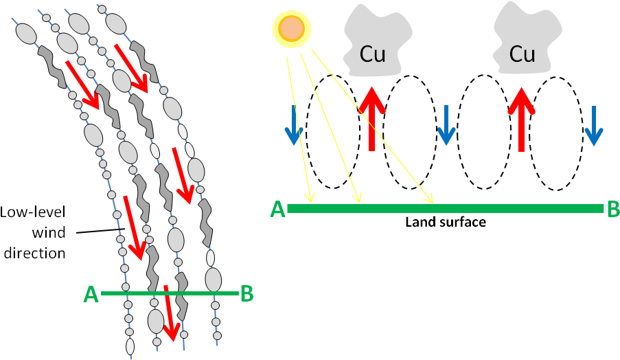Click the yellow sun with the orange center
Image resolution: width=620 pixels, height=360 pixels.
(x=292, y=30)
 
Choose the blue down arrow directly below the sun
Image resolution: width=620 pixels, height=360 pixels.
(x=293, y=126)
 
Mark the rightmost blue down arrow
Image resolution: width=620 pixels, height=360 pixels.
(x=593, y=126)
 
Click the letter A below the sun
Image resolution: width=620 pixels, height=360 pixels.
(x=277, y=210)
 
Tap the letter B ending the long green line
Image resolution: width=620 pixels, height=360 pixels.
(x=613, y=209)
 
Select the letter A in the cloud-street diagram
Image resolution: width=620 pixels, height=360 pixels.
(x=91, y=295)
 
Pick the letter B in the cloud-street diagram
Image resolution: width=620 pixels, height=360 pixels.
(x=247, y=294)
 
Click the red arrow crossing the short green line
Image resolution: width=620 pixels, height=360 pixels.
(x=170, y=313)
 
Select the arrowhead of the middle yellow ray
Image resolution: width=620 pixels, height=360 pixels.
(x=358, y=200)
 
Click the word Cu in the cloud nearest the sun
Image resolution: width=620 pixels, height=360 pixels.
(x=373, y=54)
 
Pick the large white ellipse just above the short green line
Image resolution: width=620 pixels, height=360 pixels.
(x=214, y=280)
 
